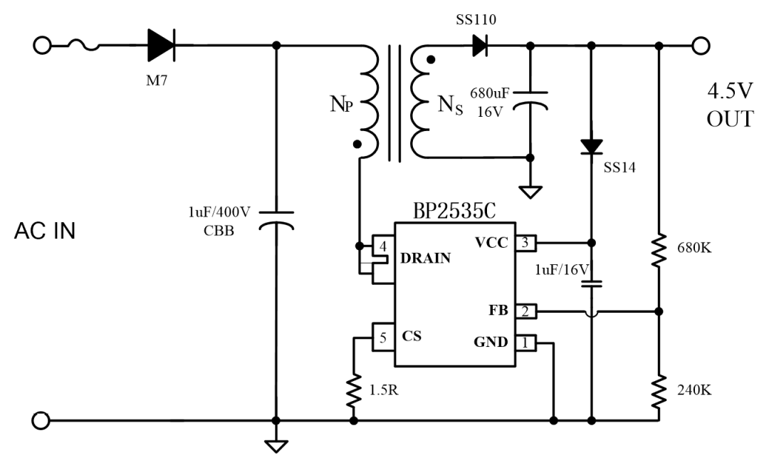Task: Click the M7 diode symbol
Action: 161,46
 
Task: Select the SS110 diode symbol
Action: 479,46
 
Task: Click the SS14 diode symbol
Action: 591,146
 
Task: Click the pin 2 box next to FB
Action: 525,311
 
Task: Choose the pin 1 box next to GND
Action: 525,343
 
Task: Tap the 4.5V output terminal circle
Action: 701,46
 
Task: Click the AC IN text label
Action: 45,232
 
